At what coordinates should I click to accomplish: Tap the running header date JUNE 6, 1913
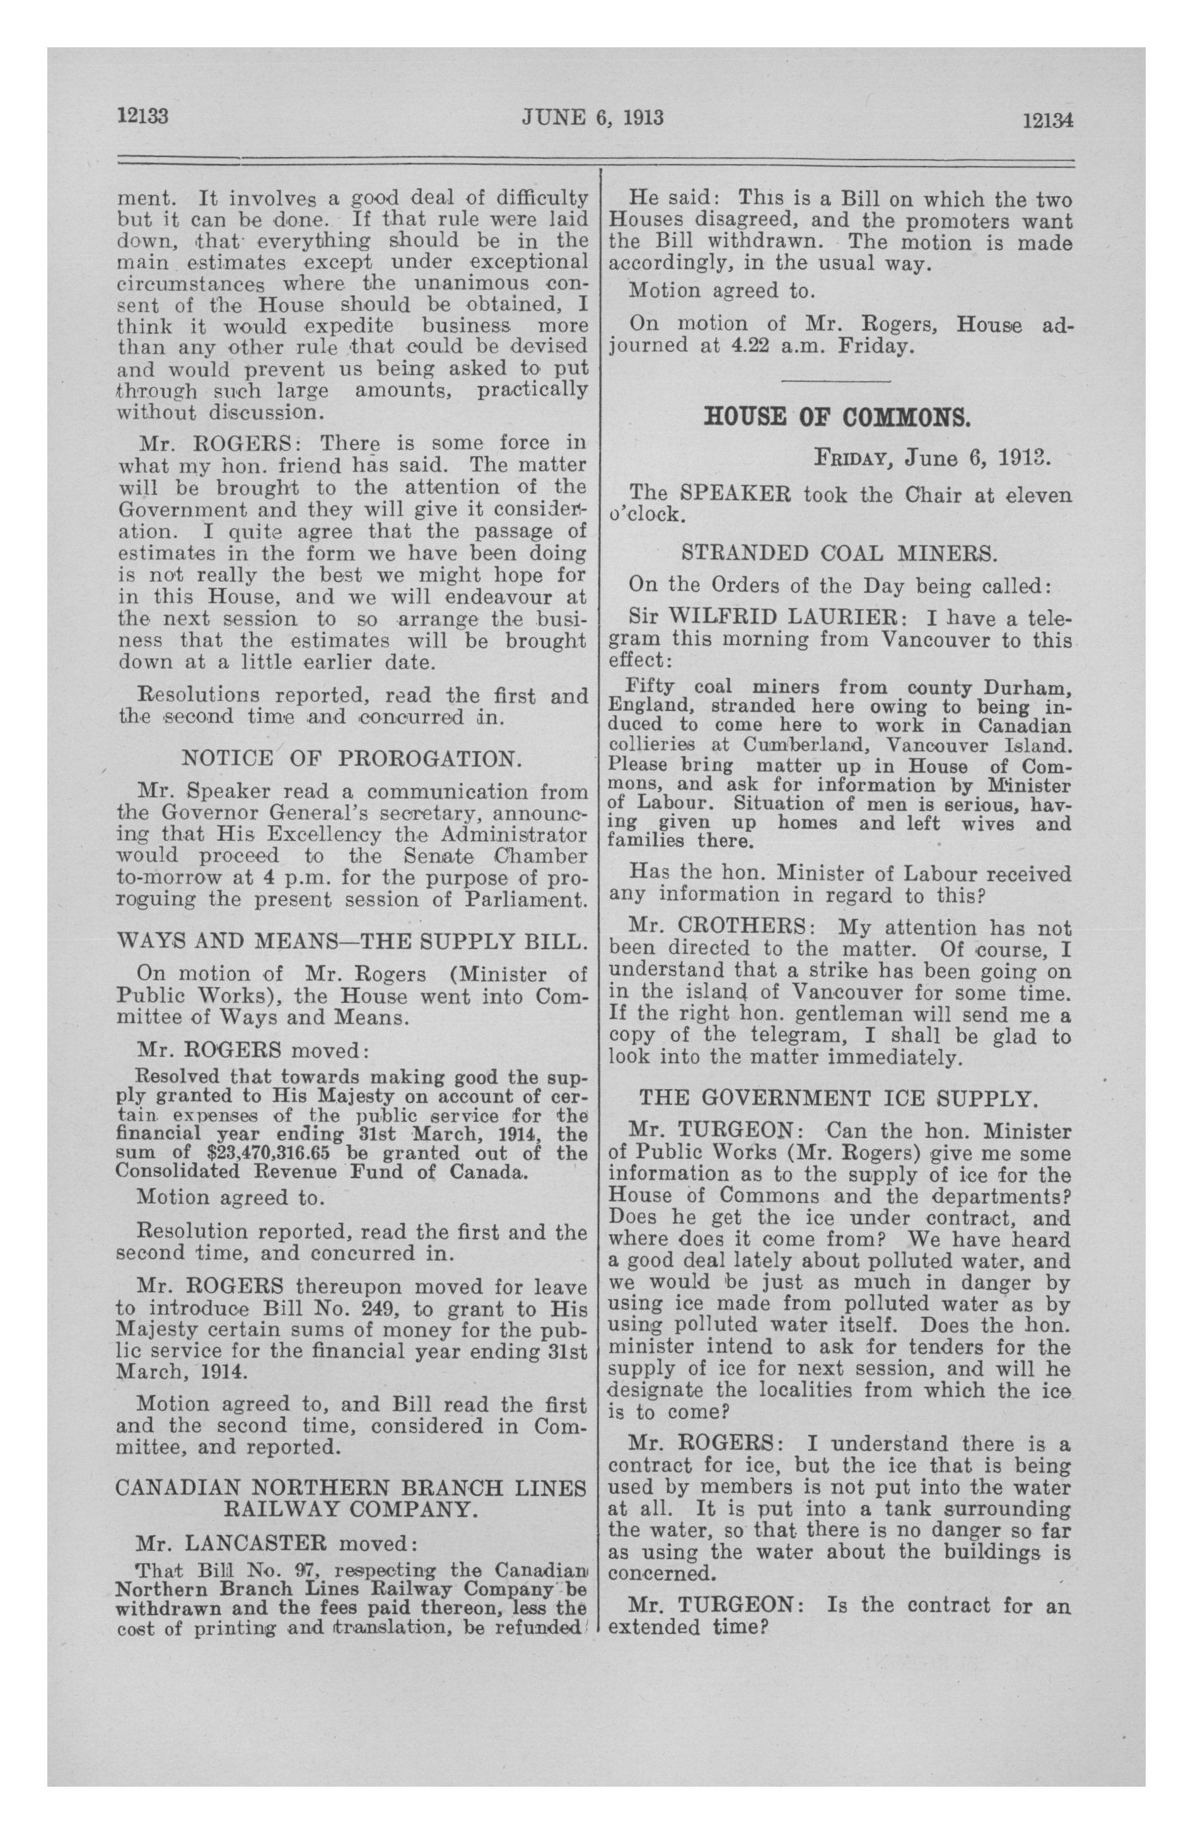(593, 117)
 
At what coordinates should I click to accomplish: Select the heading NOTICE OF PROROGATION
(351, 758)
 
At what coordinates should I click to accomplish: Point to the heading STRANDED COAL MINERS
(839, 552)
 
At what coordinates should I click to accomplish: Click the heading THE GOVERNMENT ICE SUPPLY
(839, 1097)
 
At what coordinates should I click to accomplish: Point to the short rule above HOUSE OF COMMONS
(836, 382)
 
